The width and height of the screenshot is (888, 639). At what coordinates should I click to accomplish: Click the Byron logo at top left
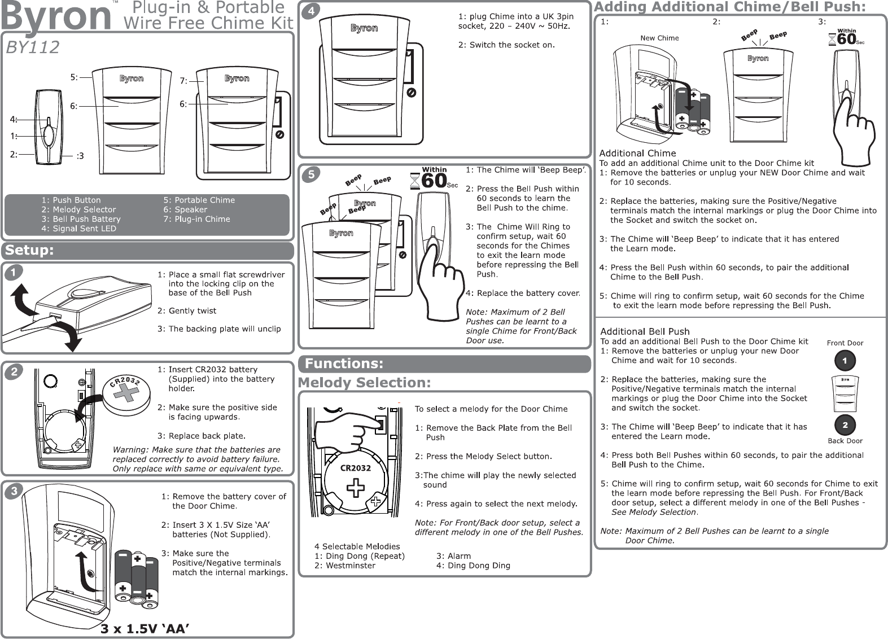[x=56, y=17]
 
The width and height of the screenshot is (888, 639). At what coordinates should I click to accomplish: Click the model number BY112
[x=32, y=47]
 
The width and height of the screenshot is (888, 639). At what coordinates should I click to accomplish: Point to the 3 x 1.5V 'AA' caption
[x=144, y=628]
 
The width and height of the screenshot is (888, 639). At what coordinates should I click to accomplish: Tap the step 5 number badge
[x=310, y=176]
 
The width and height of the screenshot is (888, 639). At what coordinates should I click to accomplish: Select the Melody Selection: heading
[x=364, y=383]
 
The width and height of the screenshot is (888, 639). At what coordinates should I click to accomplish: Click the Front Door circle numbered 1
[x=845, y=360]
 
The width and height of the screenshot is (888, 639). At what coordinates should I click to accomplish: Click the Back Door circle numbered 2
[x=845, y=424]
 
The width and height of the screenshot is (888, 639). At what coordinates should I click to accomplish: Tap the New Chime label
[x=659, y=38]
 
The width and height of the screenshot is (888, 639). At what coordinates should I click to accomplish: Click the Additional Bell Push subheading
[x=645, y=331]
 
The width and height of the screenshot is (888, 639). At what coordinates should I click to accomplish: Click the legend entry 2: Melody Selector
[x=78, y=209]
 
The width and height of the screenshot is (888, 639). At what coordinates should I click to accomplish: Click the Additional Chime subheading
[x=637, y=153]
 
